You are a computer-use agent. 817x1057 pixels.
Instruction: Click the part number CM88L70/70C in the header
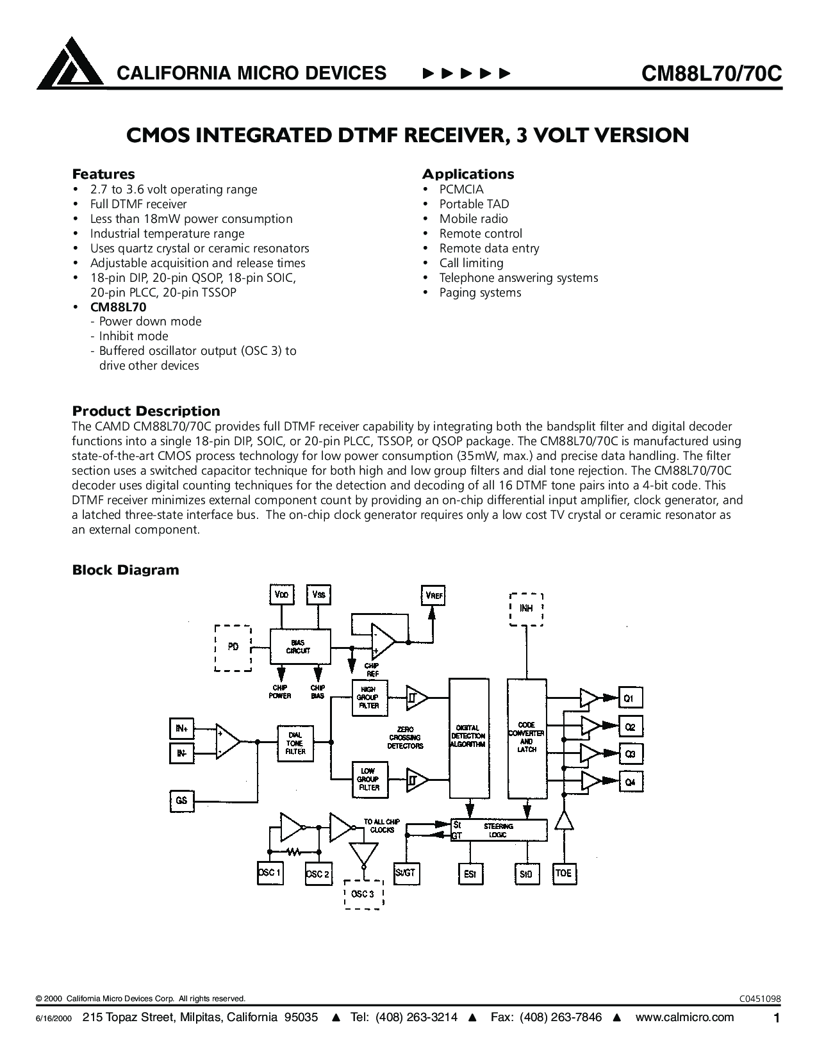(711, 73)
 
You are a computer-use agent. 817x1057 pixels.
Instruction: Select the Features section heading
(103, 174)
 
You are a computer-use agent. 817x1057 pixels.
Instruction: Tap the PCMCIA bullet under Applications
(461, 189)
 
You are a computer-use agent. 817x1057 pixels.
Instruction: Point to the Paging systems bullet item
(481, 293)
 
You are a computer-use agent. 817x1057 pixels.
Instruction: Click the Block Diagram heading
(126, 569)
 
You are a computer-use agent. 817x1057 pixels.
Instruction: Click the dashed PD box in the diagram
(233, 648)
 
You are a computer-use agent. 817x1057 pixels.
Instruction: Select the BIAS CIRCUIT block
(301, 646)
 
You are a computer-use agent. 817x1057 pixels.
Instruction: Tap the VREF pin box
(433, 595)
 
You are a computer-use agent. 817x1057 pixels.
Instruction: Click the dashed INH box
(526, 609)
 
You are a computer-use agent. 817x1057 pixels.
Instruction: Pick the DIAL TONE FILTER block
(295, 743)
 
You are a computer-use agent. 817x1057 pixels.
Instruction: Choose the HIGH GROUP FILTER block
(370, 698)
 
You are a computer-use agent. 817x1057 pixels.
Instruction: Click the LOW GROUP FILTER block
(370, 780)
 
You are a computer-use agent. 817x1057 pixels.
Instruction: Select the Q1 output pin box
(631, 698)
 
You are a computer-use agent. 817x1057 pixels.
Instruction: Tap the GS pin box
(182, 801)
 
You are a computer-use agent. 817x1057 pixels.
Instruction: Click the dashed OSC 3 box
(363, 894)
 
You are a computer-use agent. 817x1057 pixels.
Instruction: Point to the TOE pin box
(565, 874)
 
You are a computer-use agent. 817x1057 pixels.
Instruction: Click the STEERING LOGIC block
(499, 830)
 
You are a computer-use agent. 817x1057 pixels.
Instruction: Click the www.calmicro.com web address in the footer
(684, 1017)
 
